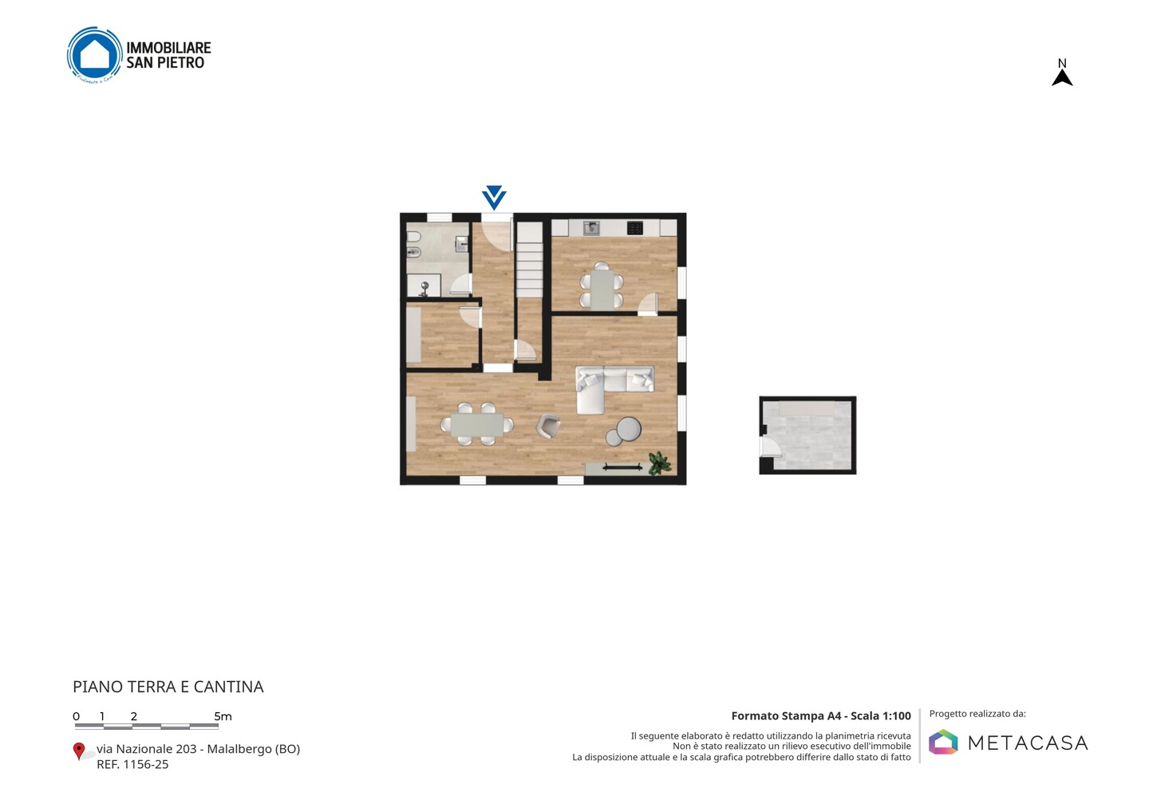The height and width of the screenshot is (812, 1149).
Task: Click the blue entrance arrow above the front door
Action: coord(494,197)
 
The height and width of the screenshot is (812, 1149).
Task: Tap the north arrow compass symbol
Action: coord(1062,73)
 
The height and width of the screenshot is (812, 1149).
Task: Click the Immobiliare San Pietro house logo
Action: coord(95,55)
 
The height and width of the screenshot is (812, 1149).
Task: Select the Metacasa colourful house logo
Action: coord(943,742)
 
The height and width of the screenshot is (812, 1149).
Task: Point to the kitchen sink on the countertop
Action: coord(591,227)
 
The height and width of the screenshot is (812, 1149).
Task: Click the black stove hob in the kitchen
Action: coord(634,227)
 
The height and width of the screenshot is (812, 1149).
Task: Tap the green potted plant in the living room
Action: coord(658,463)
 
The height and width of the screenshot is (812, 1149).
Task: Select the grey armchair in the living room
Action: coord(548,426)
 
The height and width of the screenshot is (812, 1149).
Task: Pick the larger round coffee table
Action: coord(629,429)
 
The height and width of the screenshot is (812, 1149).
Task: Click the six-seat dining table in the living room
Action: coord(477,424)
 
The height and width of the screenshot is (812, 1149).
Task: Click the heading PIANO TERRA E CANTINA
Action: coord(168,687)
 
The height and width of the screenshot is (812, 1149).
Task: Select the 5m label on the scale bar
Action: coord(223,716)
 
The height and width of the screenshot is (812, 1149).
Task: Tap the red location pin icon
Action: coord(78,751)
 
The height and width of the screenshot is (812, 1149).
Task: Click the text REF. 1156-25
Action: coord(132,764)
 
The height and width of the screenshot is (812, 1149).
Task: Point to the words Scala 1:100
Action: coord(881,715)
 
